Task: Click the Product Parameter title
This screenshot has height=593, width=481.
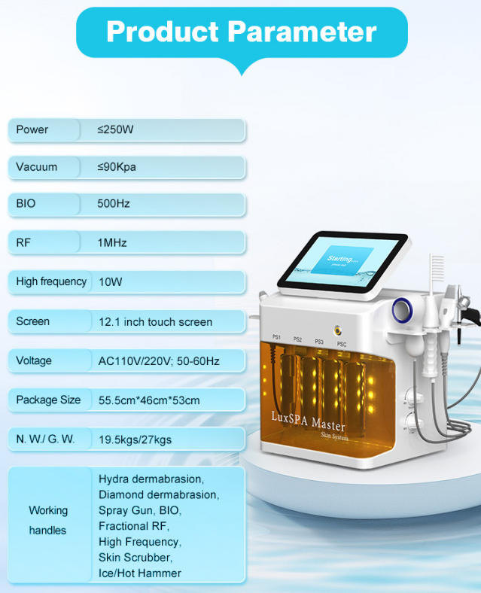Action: (241, 32)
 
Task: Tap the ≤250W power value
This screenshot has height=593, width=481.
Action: (115, 129)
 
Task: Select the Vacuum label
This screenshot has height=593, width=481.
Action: (36, 166)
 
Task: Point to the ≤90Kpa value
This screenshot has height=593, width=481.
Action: (117, 166)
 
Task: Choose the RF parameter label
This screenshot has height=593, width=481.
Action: (23, 242)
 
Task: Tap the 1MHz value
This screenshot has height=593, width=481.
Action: (112, 242)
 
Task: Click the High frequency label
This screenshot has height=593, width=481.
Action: (51, 281)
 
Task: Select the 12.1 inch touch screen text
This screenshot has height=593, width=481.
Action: (155, 321)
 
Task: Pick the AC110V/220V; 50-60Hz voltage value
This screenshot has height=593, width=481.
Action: (159, 360)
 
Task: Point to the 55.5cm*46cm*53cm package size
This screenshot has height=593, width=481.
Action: (149, 400)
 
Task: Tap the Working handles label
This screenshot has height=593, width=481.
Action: (48, 520)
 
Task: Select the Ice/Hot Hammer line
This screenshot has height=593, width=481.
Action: (140, 573)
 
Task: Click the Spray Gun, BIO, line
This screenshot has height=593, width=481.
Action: (139, 510)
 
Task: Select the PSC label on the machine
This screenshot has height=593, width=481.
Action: (341, 344)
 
